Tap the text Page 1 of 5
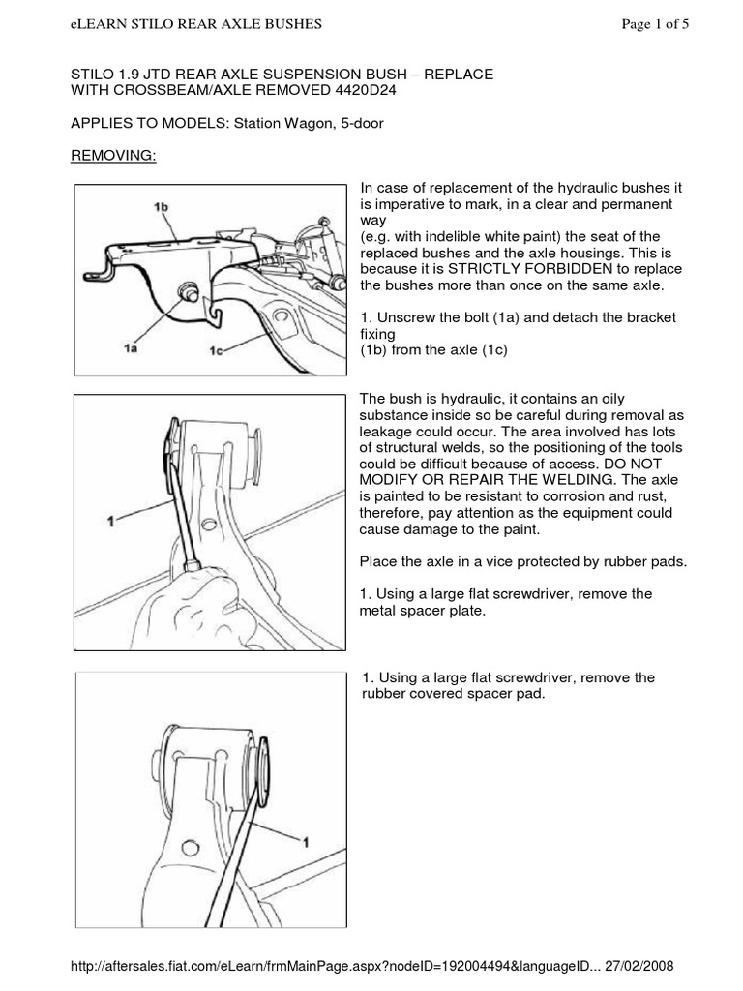pyautogui.click(x=656, y=25)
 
